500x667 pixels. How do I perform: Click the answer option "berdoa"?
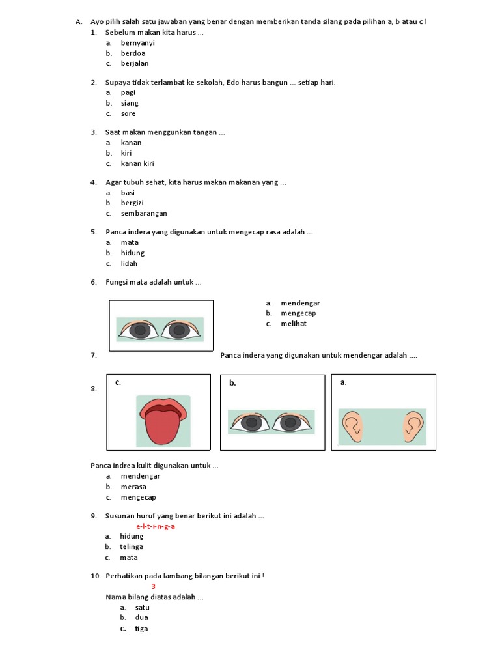(x=133, y=53)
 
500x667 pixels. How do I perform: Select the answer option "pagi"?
(x=128, y=92)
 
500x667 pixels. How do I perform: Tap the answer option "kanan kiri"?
(x=137, y=163)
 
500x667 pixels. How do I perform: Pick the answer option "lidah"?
(x=129, y=264)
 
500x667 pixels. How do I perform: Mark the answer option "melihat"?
(x=294, y=324)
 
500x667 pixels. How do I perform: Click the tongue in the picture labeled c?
(x=163, y=426)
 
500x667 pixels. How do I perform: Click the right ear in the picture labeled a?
(x=413, y=425)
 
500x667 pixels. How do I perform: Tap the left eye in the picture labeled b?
(x=250, y=423)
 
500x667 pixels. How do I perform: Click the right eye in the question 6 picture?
(x=178, y=330)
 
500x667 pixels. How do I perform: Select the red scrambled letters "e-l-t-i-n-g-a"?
(x=156, y=526)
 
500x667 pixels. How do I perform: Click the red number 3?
(x=154, y=586)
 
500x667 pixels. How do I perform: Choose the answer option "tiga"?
(x=141, y=629)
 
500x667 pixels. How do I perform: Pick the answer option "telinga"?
(x=132, y=547)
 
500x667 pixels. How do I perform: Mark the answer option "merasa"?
(x=133, y=487)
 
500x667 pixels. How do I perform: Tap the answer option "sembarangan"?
(x=144, y=214)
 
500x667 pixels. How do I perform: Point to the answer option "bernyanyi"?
(x=137, y=43)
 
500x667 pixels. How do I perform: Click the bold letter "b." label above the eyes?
(x=232, y=383)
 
